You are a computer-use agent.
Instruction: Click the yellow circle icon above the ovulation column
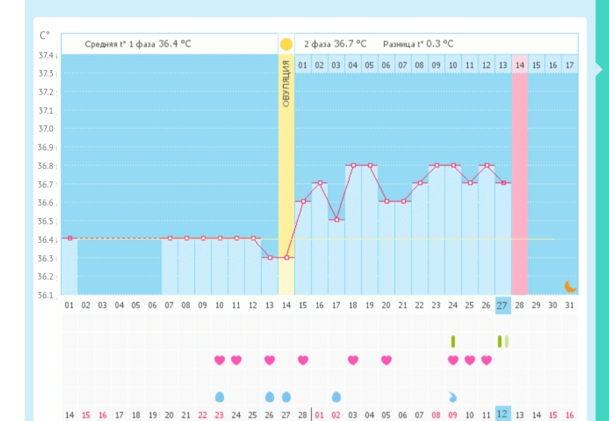pyautogui.click(x=286, y=44)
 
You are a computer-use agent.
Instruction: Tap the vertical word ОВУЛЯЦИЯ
pyautogui.click(x=286, y=84)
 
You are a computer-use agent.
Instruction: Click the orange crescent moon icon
pyautogui.click(x=571, y=287)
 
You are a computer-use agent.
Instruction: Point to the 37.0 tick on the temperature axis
pyautogui.click(x=46, y=129)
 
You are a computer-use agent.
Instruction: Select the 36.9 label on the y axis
pyautogui.click(x=46, y=147)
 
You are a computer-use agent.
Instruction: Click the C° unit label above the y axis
pyautogui.click(x=45, y=35)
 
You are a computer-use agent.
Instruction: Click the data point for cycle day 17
pyautogui.click(x=336, y=220)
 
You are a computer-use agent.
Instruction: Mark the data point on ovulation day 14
pyautogui.click(x=286, y=257)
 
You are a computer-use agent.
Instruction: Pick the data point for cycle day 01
pyautogui.click(x=69, y=238)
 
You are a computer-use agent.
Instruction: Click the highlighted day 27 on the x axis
pyautogui.click(x=502, y=305)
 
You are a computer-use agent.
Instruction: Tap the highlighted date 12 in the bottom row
pyautogui.click(x=502, y=414)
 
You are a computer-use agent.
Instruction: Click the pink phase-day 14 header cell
pyautogui.click(x=519, y=65)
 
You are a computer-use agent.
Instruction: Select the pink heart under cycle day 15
pyautogui.click(x=303, y=360)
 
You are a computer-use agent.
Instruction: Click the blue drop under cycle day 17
pyautogui.click(x=336, y=397)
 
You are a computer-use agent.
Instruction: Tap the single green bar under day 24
pyautogui.click(x=453, y=341)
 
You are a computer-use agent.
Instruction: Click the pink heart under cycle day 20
pyautogui.click(x=386, y=360)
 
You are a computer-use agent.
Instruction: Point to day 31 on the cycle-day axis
pyautogui.click(x=569, y=305)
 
